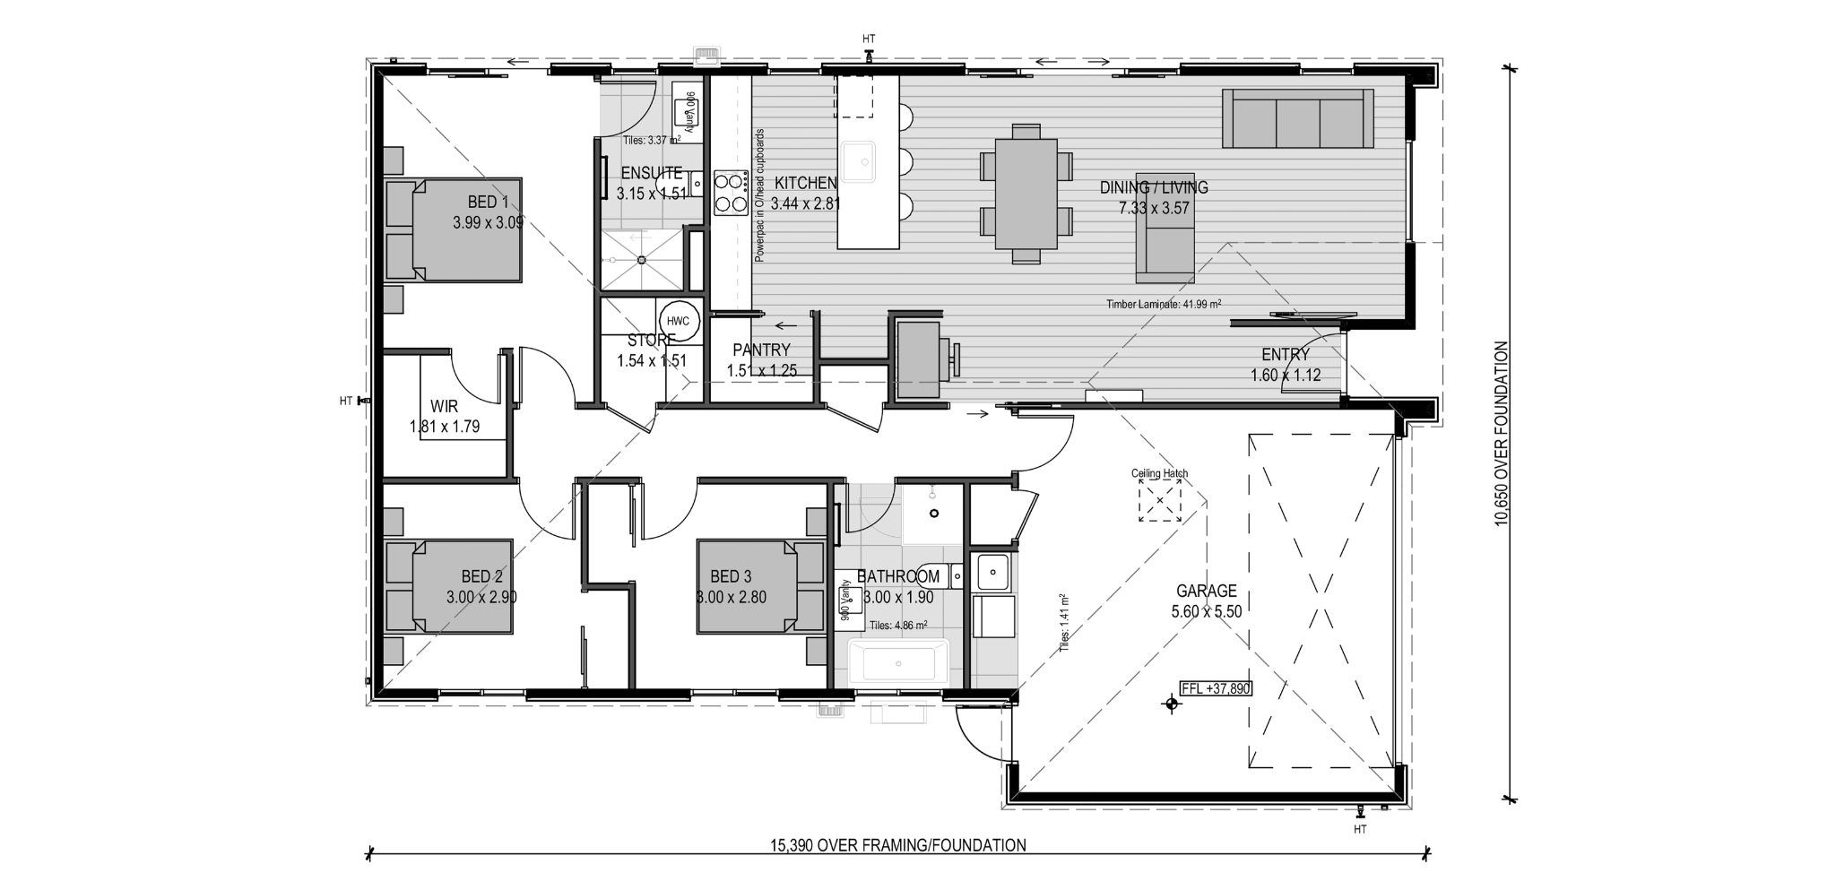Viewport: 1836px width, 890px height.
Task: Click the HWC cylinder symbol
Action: click(678, 321)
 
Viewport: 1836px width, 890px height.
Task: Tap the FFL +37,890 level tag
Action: click(1216, 688)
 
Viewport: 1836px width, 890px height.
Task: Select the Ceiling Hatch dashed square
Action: click(1160, 500)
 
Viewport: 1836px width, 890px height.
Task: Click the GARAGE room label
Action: click(1206, 591)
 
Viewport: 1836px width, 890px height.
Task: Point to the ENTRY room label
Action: click(1285, 355)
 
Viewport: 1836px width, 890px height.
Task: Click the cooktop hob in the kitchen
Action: click(731, 192)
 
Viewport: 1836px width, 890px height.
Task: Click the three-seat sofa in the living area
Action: click(1298, 118)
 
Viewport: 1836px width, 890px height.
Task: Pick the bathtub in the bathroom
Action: click(897, 662)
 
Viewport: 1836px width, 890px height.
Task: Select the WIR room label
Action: click(444, 407)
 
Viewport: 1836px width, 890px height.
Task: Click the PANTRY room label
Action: click(761, 350)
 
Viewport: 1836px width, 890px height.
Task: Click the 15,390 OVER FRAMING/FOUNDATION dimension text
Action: click(897, 844)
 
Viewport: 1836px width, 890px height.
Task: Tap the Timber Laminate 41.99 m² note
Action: click(1164, 305)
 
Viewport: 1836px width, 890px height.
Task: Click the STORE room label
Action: click(651, 341)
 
